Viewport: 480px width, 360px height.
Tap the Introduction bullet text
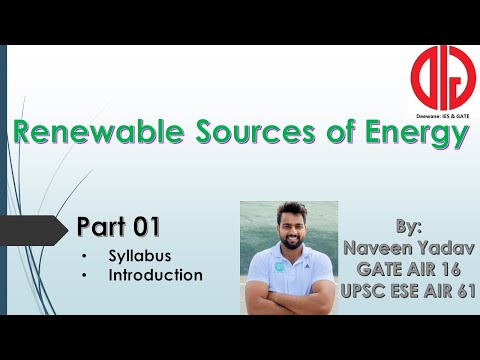[x=157, y=274]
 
